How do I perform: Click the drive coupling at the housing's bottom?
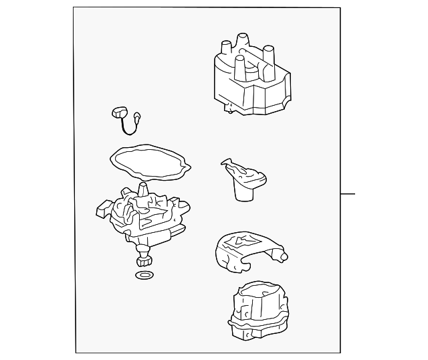(143, 258)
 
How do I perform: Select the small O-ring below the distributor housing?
(143, 275)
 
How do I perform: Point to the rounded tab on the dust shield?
(283, 256)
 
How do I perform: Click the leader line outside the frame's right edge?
(347, 195)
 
